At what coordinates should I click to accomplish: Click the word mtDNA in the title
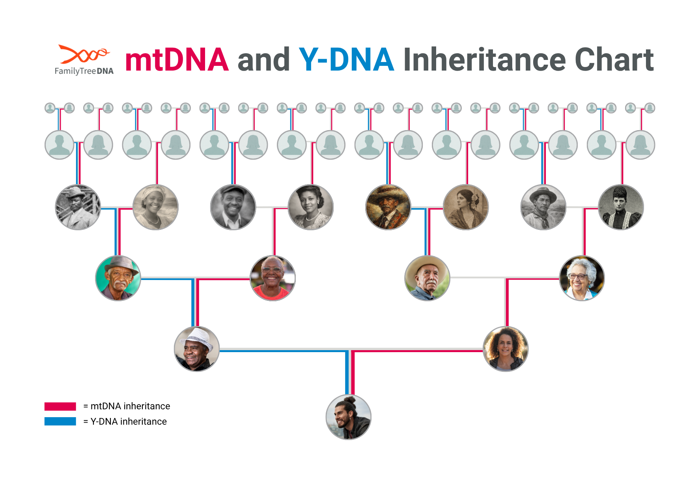coord(177,60)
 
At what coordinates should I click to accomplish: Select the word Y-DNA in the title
coord(346,60)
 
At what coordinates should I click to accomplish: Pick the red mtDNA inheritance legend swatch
coord(60,406)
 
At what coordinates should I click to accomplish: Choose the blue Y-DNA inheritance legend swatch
coord(60,421)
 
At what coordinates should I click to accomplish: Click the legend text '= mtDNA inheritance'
coord(127,406)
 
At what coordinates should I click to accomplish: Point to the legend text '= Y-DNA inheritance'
coord(125,422)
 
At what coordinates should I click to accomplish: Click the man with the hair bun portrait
coord(348,417)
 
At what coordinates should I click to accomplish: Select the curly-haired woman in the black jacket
coord(506,349)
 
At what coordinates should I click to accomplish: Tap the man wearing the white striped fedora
coord(197,349)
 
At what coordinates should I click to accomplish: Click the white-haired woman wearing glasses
coord(582,278)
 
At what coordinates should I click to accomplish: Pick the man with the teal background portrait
coord(118,278)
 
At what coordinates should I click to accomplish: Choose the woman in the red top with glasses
coord(273,278)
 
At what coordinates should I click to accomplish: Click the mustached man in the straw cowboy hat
coord(427,278)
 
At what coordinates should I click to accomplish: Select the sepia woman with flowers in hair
coord(466,207)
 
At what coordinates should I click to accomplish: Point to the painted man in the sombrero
coord(388,207)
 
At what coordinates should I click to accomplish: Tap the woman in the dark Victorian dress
coord(621,207)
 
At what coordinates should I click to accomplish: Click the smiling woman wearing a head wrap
coord(155,207)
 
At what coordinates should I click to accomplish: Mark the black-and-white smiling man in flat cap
coord(233,207)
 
